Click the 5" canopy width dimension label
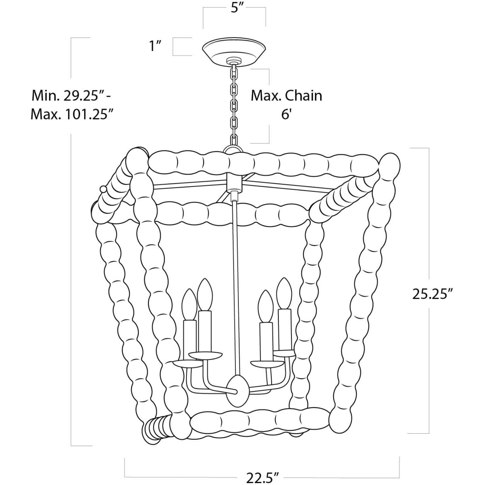pos(239,8)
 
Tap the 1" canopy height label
pos(155,46)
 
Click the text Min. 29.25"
pos(69,96)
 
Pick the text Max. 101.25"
pos(71,115)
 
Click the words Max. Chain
pos(286,96)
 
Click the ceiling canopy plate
pos(234,51)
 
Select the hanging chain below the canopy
pos(234,104)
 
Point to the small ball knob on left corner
pos(103,190)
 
